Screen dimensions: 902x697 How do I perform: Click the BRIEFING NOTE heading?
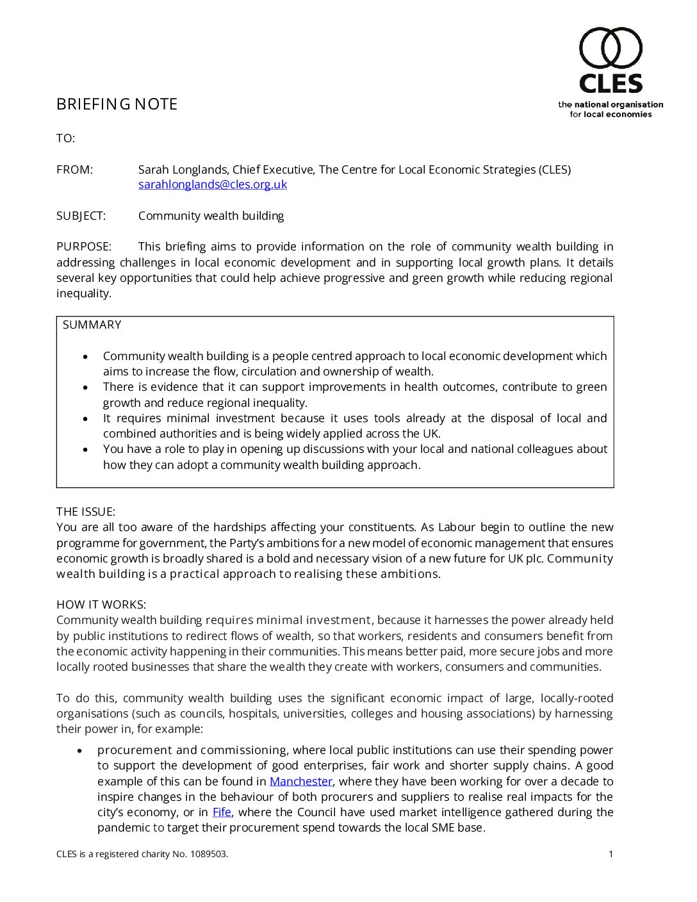[117, 104]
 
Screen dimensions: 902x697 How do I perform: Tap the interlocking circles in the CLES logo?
[611, 48]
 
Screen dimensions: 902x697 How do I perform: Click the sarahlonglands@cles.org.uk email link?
[213, 184]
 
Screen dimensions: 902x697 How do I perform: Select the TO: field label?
[65, 138]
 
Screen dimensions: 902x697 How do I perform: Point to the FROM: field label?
[74, 170]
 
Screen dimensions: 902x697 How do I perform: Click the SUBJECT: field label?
[81, 216]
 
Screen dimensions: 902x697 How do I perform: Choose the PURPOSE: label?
[84, 247]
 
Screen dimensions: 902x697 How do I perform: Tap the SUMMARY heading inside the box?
[92, 325]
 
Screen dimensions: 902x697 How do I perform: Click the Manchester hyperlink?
[300, 782]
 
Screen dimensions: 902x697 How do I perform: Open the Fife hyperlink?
[222, 812]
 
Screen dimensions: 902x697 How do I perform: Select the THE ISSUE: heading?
[86, 512]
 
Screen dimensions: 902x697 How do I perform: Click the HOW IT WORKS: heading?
[101, 605]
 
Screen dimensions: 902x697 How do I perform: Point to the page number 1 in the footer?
[611, 854]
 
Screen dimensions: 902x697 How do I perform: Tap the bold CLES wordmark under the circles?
[611, 84]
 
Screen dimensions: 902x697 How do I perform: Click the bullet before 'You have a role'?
[86, 450]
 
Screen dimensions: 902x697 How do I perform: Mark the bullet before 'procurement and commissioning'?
[80, 750]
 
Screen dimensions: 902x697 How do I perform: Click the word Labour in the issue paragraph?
[457, 527]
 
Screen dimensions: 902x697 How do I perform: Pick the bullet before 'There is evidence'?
[86, 388]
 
